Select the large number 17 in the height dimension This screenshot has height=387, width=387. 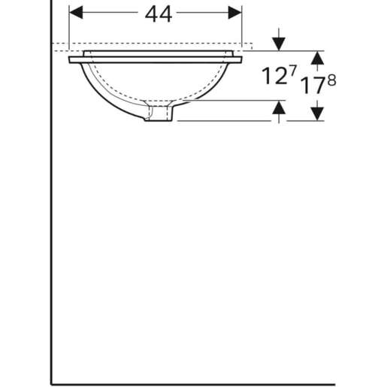click(x=312, y=85)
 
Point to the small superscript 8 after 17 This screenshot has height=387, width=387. click(x=331, y=79)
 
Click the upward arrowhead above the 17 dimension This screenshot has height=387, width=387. click(x=317, y=57)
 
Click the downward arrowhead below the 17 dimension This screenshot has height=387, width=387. click(x=317, y=113)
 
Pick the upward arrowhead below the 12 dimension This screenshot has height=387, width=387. click(x=279, y=108)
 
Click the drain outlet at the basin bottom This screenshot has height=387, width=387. click(x=160, y=114)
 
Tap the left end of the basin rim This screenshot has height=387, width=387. click(x=71, y=59)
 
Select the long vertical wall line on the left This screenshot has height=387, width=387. click(x=51, y=225)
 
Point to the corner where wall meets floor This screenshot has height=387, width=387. click(x=51, y=383)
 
